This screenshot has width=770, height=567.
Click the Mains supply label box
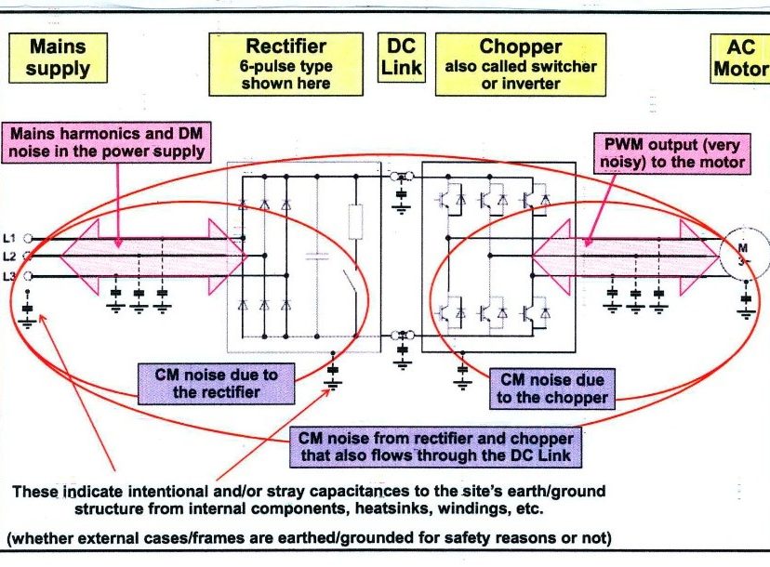click(58, 58)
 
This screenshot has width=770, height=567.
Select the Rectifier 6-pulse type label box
click(287, 63)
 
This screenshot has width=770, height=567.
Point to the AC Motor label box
click(741, 58)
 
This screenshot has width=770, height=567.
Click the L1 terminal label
click(10, 239)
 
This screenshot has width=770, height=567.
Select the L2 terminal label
click(10, 257)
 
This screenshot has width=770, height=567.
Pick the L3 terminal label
click(10, 276)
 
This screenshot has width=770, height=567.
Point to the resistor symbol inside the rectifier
click(355, 223)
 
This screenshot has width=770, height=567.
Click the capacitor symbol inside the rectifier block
click(318, 256)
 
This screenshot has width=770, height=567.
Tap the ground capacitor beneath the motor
click(746, 303)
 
